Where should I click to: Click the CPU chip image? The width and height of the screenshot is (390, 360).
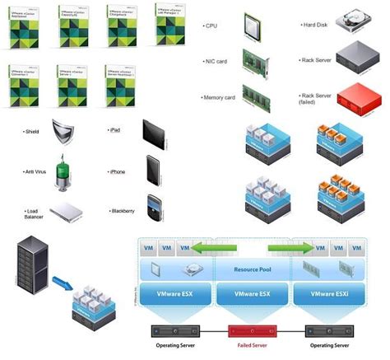(252, 26)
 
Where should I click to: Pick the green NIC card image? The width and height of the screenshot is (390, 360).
(253, 60)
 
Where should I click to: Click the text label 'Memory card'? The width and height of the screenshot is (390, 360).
(219, 97)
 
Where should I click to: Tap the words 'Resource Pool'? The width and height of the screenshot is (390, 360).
(253, 269)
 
